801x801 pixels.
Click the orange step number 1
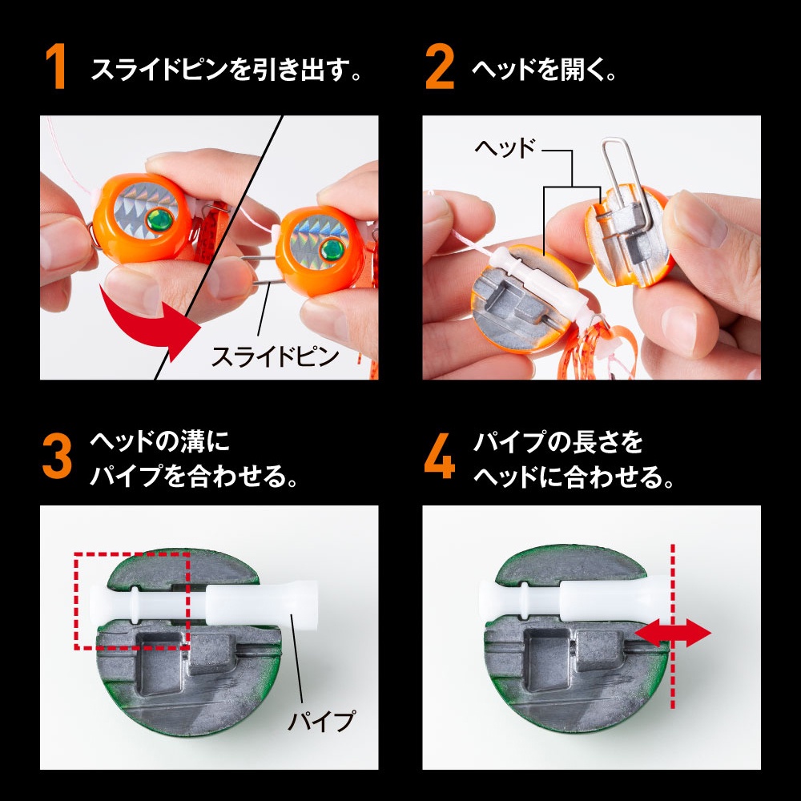(x=56, y=66)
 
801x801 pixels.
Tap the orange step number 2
(x=439, y=66)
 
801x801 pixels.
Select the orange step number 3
(x=57, y=457)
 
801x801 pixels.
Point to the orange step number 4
(x=439, y=457)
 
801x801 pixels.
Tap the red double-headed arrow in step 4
(x=672, y=633)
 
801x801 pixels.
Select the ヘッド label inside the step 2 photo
(x=505, y=148)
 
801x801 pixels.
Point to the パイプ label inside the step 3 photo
(x=322, y=721)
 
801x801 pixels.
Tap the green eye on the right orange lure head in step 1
(x=332, y=249)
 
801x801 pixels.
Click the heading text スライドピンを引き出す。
(x=227, y=69)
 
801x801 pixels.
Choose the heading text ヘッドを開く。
(x=545, y=69)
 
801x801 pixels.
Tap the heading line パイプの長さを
(x=557, y=442)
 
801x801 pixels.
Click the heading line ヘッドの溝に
(x=160, y=442)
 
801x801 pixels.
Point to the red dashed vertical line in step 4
(x=672, y=626)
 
